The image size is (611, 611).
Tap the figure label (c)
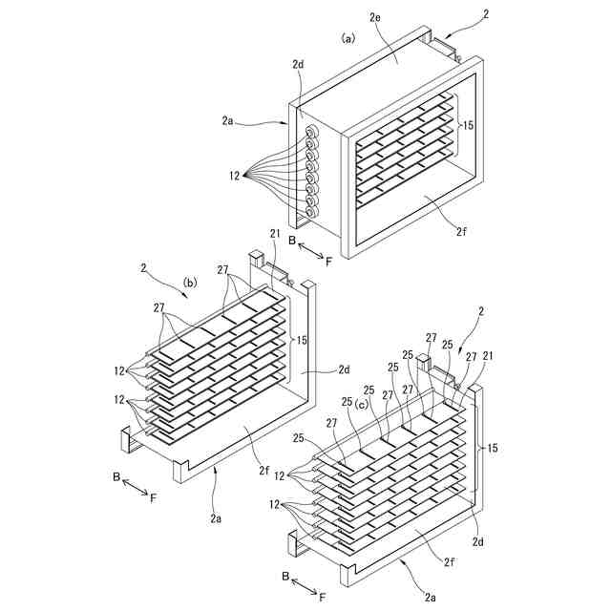(x=361, y=404)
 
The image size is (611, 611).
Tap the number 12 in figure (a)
(x=234, y=176)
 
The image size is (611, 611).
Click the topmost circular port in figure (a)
(x=312, y=133)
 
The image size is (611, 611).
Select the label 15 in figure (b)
(x=303, y=340)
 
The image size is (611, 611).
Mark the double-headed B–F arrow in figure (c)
(x=304, y=585)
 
